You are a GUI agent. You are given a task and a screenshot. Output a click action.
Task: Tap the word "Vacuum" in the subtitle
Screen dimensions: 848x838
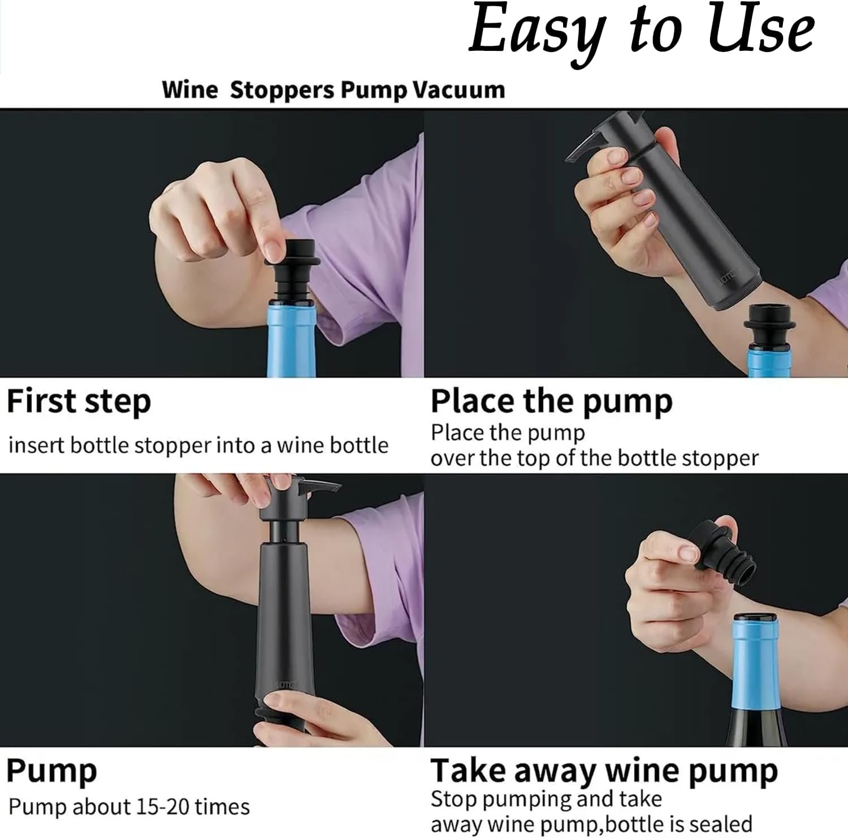[458, 90]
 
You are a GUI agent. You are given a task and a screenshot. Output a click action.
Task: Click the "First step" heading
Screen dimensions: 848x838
[79, 403]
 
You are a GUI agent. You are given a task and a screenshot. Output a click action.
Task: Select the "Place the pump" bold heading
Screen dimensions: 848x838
[551, 402]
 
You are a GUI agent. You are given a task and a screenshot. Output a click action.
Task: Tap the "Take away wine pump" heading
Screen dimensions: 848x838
[604, 771]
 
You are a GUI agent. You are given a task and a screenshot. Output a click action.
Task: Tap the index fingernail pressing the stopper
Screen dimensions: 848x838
[275, 247]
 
